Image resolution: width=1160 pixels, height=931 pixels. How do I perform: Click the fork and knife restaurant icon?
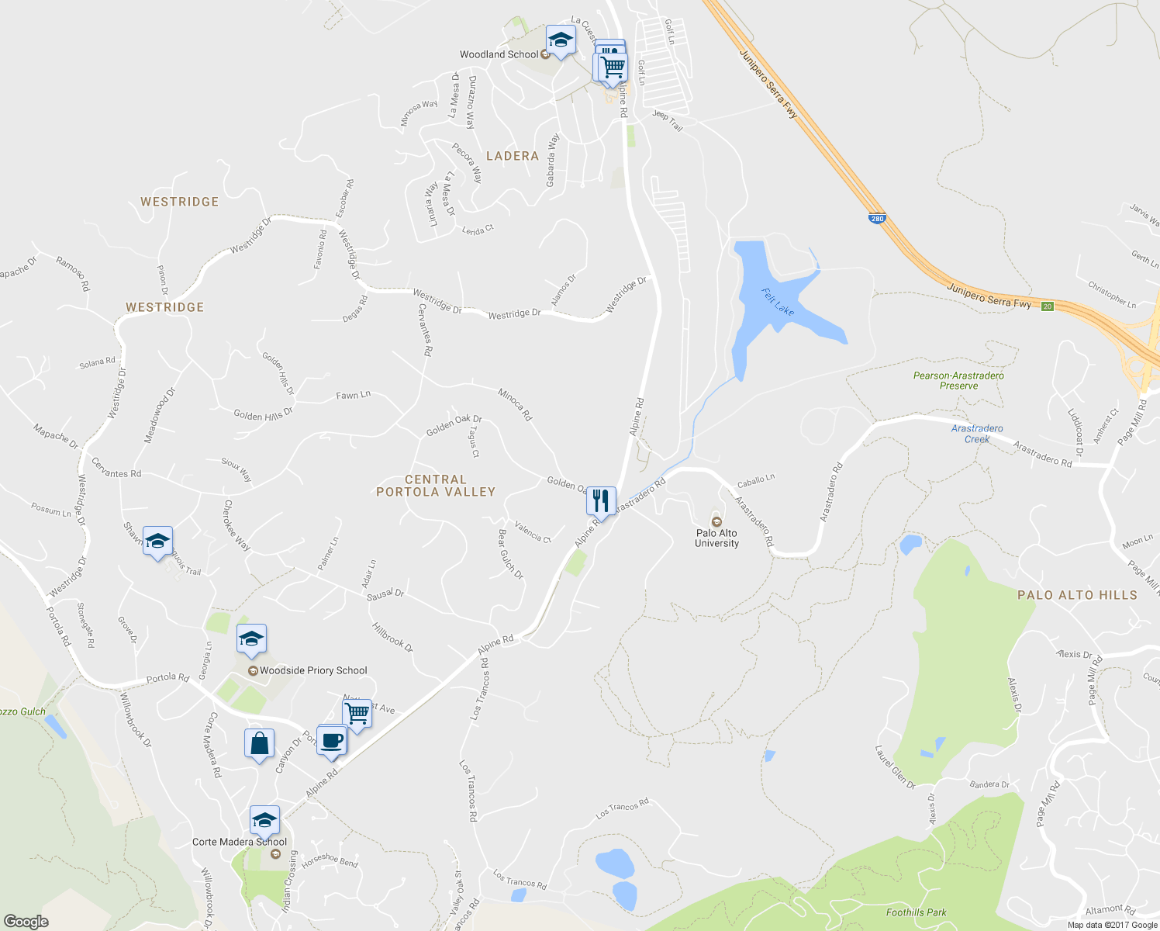(601, 501)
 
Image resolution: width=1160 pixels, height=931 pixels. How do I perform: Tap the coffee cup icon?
(332, 740)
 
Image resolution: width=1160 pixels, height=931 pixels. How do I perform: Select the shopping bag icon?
(260, 744)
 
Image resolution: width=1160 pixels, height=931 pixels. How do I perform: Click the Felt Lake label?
(778, 302)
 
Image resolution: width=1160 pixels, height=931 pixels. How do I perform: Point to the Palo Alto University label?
(717, 538)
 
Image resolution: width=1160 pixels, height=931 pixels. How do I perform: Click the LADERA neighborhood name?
(512, 156)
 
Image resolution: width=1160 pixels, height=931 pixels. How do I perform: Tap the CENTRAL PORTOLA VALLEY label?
(435, 486)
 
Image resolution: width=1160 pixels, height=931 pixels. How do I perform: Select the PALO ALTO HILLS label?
(1077, 595)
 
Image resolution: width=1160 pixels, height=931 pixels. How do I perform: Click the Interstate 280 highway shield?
(876, 218)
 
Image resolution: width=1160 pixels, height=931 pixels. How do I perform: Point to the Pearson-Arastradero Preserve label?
(958, 380)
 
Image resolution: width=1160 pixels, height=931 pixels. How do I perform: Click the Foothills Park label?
(917, 912)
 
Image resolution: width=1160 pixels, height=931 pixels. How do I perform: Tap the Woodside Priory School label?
(313, 670)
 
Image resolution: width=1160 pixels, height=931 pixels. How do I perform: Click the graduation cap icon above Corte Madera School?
(264, 820)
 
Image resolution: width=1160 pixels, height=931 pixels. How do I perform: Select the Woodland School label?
(499, 54)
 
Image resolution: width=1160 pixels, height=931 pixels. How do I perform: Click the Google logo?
(26, 921)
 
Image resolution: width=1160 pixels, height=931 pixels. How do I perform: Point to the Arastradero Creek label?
(977, 434)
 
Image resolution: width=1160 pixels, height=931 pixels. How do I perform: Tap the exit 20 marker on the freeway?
(1048, 306)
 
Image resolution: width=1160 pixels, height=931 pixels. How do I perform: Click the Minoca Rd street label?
(515, 404)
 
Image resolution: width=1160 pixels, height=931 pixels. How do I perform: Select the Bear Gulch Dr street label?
(510, 554)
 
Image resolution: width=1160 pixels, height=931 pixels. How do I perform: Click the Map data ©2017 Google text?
(1112, 925)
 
